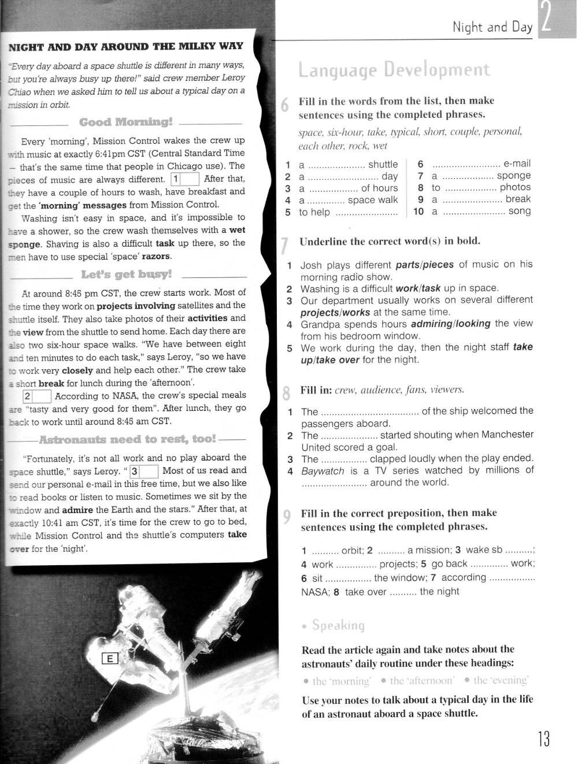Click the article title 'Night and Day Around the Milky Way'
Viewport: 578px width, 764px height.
[x=124, y=46]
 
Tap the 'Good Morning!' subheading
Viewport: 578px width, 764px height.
[x=126, y=122]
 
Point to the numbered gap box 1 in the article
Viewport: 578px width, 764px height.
[x=186, y=179]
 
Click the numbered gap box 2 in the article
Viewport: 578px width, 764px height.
[x=37, y=396]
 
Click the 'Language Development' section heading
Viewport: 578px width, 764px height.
[x=394, y=70]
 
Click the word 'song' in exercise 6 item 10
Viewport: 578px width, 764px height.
[x=519, y=212]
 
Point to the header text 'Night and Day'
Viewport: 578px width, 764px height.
[x=492, y=27]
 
